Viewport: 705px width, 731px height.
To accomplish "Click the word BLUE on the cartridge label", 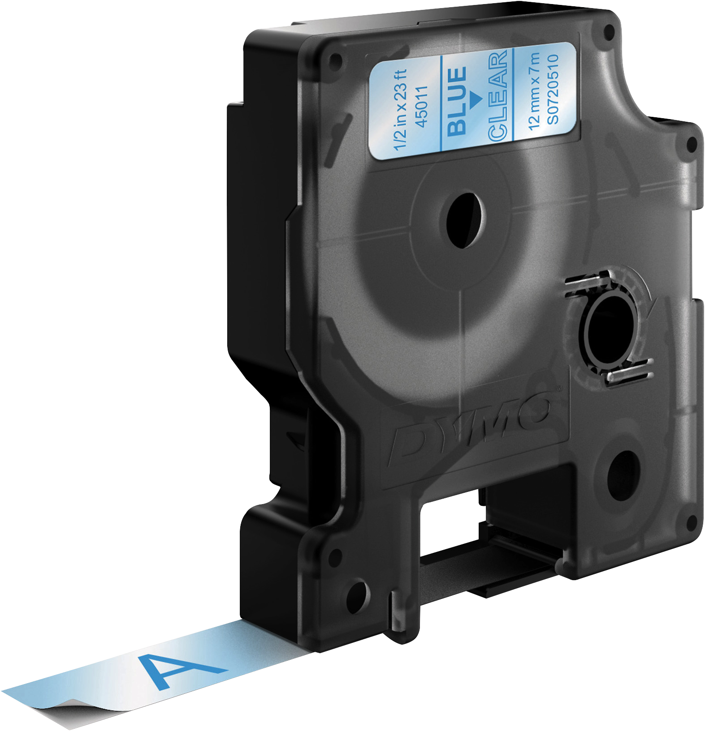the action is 458,101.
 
